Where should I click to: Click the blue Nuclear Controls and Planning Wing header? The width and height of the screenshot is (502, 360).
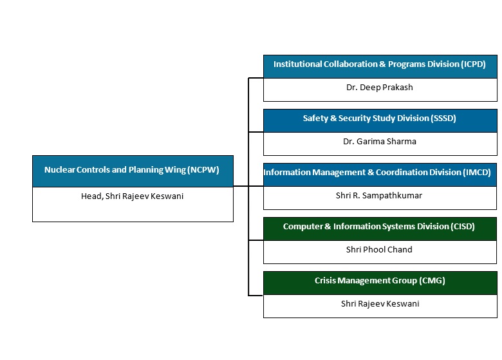133,171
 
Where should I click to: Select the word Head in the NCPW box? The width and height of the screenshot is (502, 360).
91,196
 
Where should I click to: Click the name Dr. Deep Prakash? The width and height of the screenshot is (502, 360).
379,88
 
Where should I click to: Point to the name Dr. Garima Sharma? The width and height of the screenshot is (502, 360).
379,142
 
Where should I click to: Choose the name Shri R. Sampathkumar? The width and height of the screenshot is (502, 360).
379,196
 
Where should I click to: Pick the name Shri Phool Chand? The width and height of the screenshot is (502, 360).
379,250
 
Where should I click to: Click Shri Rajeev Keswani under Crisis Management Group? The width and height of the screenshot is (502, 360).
380,304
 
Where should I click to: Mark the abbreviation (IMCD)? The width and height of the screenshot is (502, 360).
478,173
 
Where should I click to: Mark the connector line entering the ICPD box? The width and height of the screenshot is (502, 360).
256,78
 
